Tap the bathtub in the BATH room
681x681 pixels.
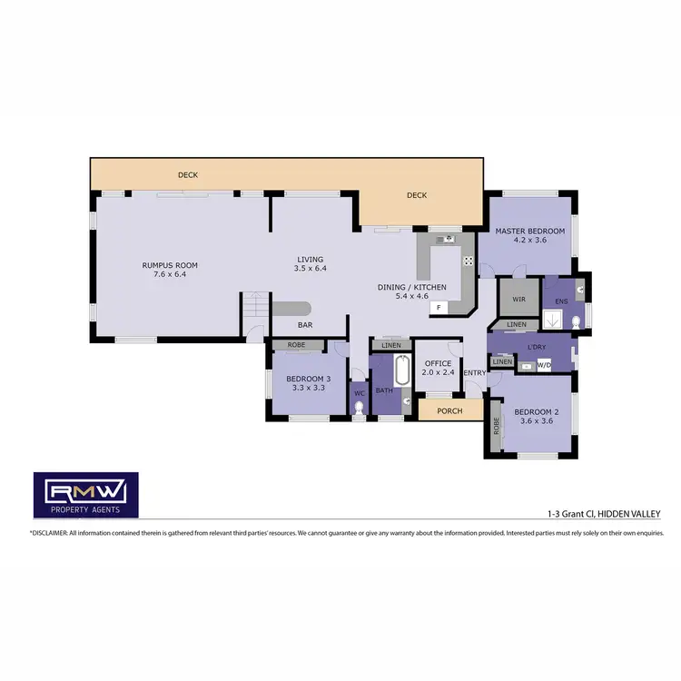point(402,372)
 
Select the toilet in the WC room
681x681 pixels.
point(359,409)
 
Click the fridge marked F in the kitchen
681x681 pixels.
point(439,308)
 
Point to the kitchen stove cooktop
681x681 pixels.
point(468,261)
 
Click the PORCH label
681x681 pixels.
point(449,411)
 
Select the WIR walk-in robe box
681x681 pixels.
point(518,297)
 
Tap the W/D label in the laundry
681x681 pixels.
point(544,366)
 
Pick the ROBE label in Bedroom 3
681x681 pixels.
point(296,345)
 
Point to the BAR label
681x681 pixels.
point(306,324)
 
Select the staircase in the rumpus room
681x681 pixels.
point(255,309)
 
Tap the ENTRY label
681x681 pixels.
point(474,373)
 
